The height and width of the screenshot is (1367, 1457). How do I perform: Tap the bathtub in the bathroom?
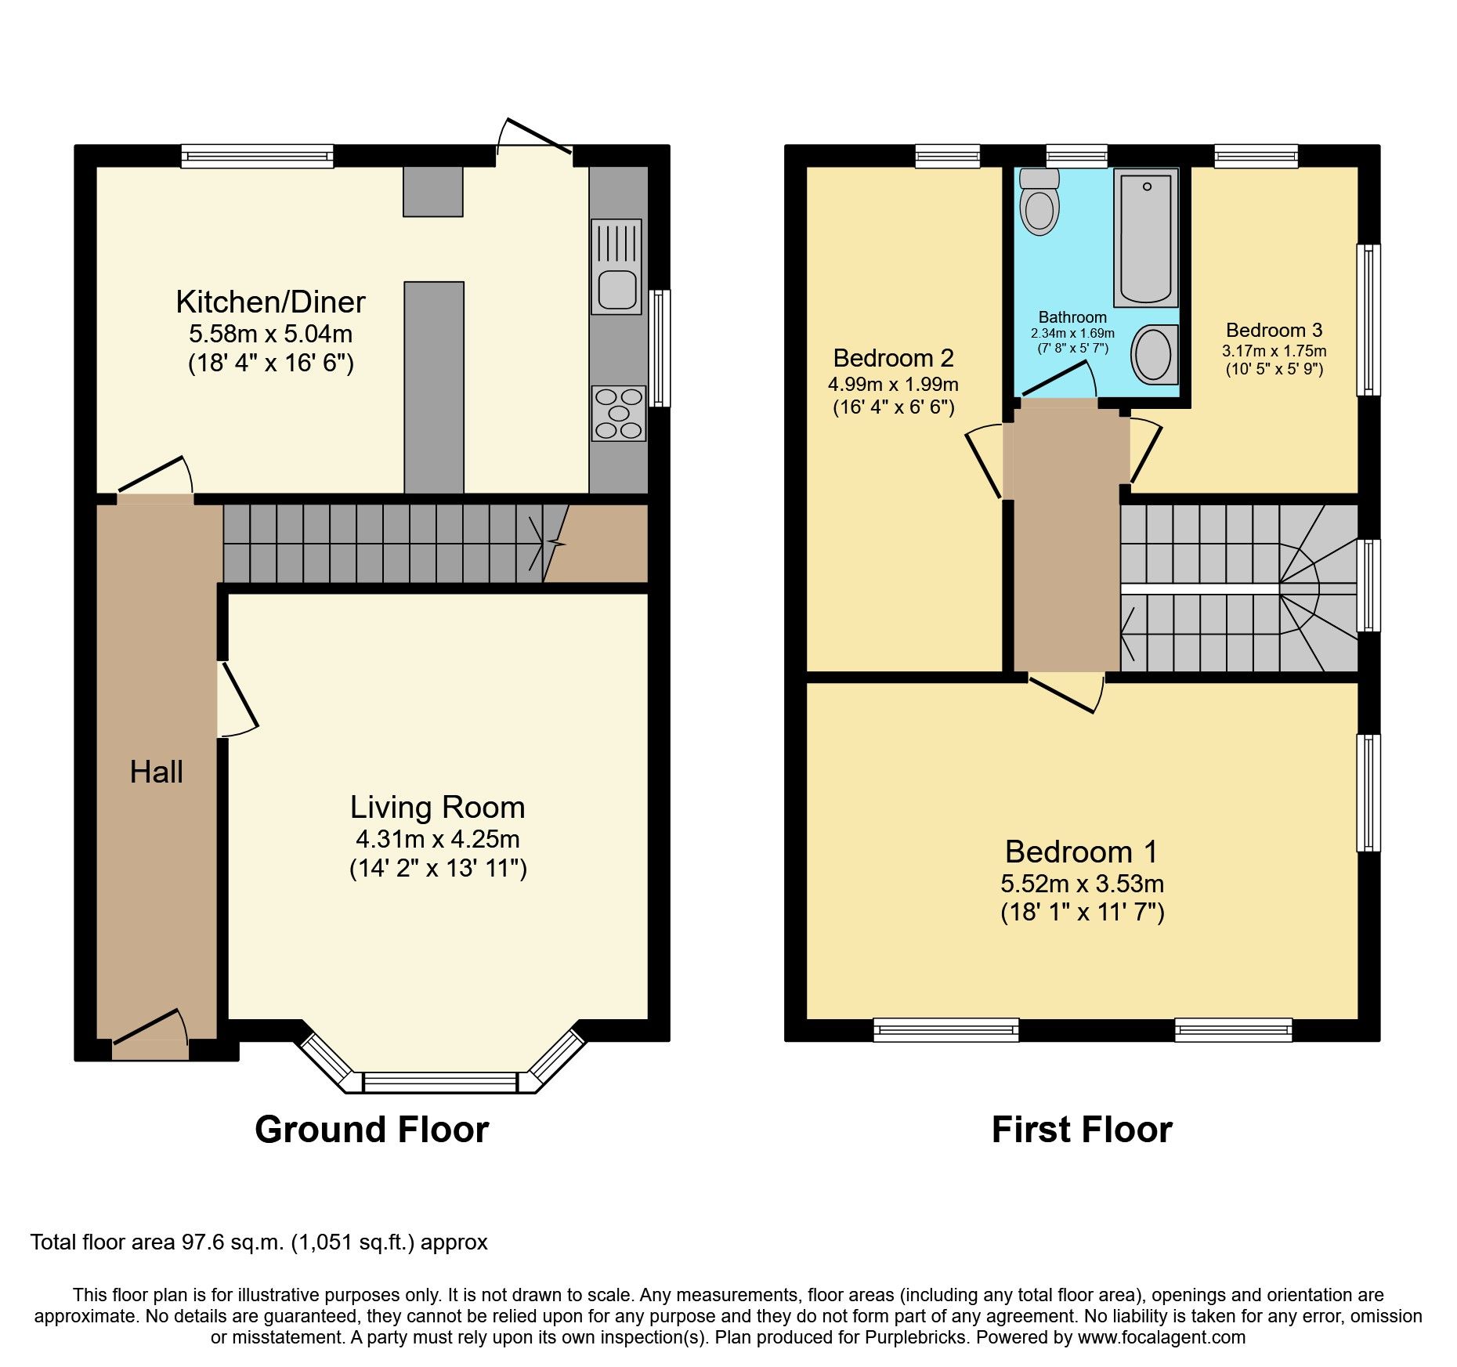[x=1146, y=237]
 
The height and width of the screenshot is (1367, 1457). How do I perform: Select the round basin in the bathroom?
[x=1154, y=355]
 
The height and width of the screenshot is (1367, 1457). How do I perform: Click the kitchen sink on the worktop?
[x=616, y=267]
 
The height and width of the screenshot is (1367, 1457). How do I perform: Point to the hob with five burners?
[x=619, y=413]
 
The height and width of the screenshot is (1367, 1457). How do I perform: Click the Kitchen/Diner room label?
[x=270, y=302]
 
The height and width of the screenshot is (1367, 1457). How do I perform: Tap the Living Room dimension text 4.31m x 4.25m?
[x=437, y=839]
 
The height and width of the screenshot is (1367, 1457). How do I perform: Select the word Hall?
[x=156, y=772]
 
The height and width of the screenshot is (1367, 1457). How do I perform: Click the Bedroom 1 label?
[x=1081, y=852]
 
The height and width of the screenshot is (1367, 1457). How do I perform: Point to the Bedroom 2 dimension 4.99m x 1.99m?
[x=893, y=384]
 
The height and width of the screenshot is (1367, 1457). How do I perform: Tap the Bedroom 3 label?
[x=1274, y=330]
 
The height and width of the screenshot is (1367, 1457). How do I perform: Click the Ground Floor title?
[x=371, y=1130]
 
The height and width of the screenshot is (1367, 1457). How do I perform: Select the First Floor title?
[x=1081, y=1130]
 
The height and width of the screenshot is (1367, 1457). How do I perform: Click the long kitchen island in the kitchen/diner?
[x=434, y=387]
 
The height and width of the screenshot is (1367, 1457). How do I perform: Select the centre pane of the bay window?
[x=440, y=1083]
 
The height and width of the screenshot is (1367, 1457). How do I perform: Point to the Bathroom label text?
[x=1072, y=317]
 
